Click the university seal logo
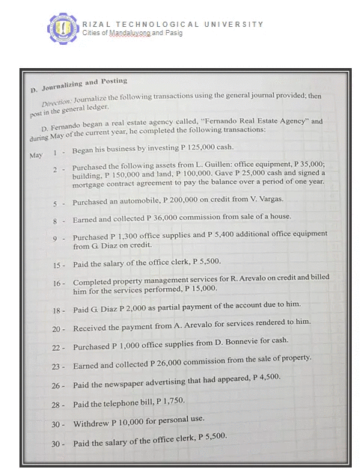click(x=63, y=28)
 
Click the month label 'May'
click(x=35, y=155)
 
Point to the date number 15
click(x=57, y=266)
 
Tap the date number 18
click(x=57, y=310)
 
